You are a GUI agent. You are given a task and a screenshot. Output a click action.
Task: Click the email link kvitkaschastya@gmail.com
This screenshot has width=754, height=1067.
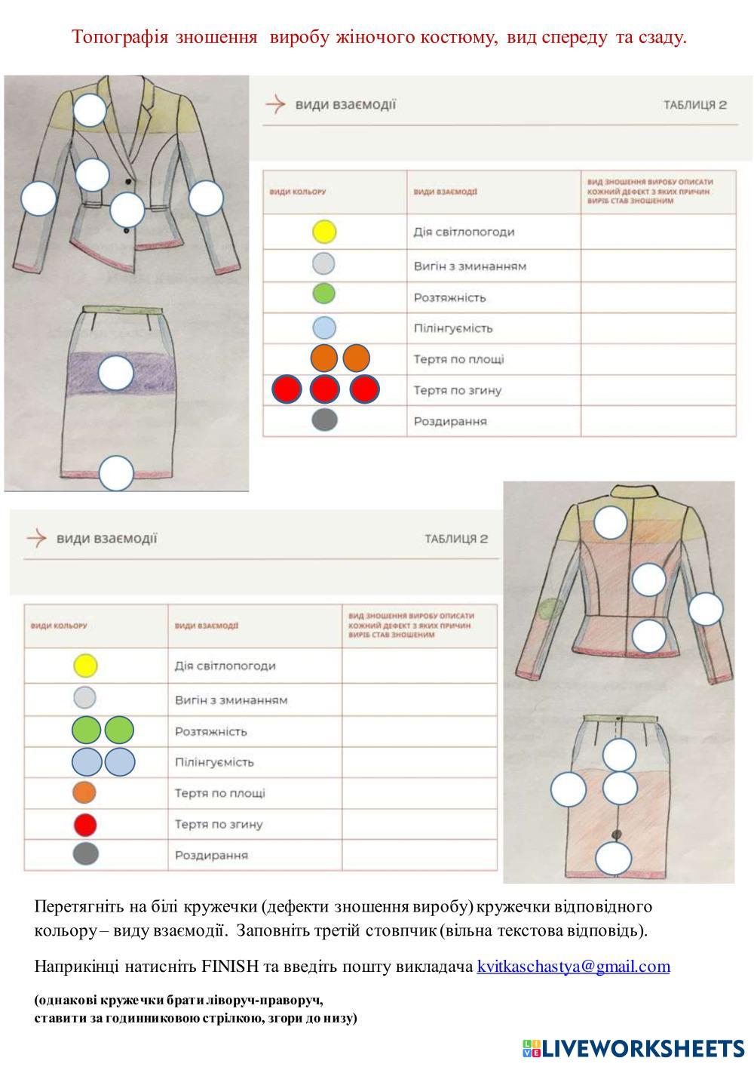573,967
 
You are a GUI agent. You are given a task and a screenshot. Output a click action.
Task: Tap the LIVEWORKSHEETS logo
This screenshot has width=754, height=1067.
633,1048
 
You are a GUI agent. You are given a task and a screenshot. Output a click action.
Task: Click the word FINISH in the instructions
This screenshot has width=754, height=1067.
230,967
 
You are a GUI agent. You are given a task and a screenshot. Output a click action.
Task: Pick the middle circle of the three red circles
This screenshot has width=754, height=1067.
325,389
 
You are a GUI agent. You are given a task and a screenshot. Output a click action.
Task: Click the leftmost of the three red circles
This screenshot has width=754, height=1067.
287,389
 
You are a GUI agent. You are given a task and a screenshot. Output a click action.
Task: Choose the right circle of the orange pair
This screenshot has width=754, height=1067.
356,358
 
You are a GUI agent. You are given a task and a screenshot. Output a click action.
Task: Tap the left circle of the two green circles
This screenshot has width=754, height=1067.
86,730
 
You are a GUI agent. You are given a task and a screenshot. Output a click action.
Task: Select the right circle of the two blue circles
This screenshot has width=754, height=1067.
119,762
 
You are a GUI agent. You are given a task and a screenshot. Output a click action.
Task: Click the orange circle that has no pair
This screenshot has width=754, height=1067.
85,793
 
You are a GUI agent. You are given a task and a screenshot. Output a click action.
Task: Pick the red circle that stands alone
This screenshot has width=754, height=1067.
85,824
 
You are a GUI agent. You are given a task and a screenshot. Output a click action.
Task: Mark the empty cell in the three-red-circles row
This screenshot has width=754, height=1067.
657,390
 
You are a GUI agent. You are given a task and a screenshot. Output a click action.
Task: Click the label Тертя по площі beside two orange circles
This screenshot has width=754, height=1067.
458,359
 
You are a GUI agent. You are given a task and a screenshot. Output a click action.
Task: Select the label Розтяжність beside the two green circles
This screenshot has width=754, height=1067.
210,731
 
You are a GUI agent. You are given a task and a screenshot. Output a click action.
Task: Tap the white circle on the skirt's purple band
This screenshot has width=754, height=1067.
116,373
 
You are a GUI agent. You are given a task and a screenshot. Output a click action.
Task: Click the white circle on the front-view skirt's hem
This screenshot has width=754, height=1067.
116,474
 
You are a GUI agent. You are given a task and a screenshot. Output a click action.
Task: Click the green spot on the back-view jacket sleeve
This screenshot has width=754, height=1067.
552,607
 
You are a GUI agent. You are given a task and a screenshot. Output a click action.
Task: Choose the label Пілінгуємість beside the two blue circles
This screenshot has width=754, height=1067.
214,762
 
